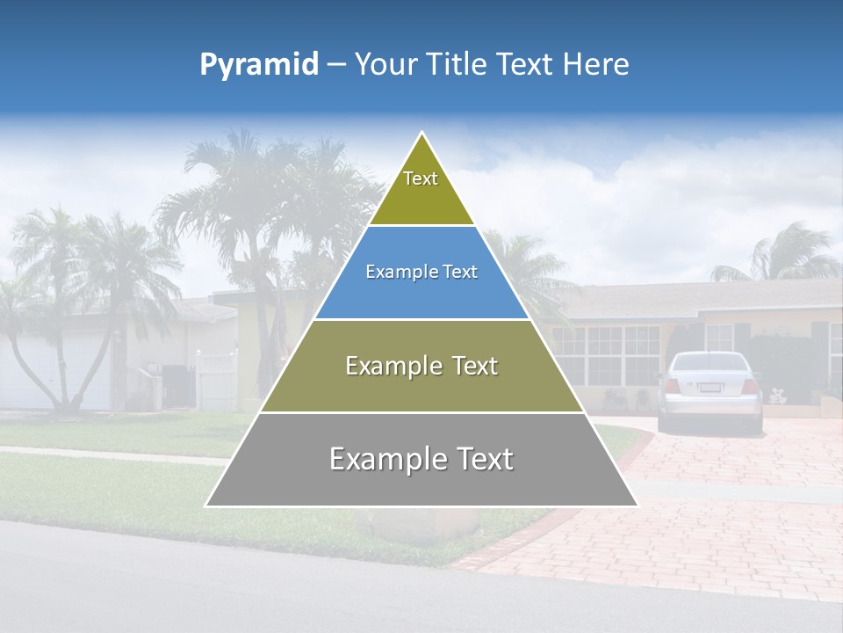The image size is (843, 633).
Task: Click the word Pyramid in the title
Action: pyautogui.click(x=258, y=65)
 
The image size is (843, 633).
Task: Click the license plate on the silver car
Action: pyautogui.click(x=710, y=387)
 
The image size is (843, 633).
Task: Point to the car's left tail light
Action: pyautogui.click(x=673, y=386)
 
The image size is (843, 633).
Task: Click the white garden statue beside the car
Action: pyautogui.click(x=777, y=396)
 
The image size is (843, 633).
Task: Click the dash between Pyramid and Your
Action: pyautogui.click(x=336, y=65)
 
